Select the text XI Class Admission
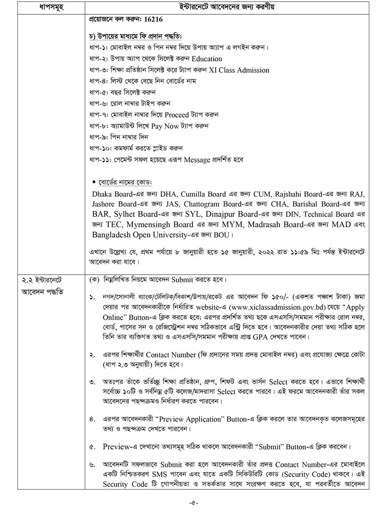tap(239, 70)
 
